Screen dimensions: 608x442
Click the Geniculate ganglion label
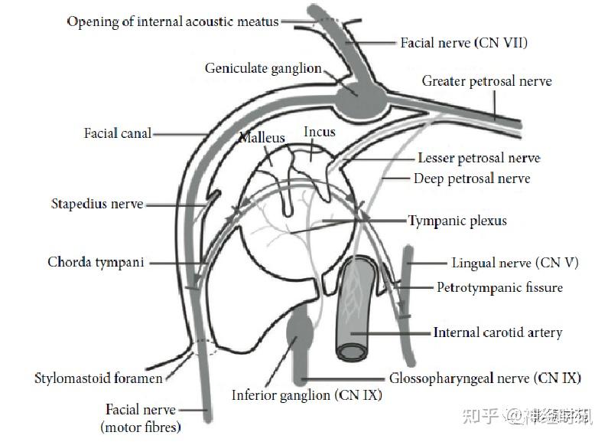coord(263,68)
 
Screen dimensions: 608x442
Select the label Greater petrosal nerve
coord(486,81)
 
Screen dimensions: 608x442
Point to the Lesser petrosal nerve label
coord(479,158)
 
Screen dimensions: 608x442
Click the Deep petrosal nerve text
coord(472,178)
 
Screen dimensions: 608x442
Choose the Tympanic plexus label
coord(457,221)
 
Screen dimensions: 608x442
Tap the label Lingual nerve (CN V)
coord(515,263)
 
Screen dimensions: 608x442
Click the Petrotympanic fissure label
coord(500,287)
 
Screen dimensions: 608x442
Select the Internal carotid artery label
coord(498,332)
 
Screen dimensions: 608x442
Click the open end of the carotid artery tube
coord(352,352)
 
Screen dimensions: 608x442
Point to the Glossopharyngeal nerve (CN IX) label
coord(485,378)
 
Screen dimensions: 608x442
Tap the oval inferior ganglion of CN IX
coord(299,329)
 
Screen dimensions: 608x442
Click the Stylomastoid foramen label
coord(99,378)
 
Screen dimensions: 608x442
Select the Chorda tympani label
coord(96,262)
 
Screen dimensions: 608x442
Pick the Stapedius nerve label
coord(97,204)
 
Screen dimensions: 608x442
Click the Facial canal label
coord(118,133)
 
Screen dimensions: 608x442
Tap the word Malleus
coord(262,137)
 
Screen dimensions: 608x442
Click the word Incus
coord(320,132)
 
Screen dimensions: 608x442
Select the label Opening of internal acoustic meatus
coord(173,21)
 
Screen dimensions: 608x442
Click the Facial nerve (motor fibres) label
coord(141,418)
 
